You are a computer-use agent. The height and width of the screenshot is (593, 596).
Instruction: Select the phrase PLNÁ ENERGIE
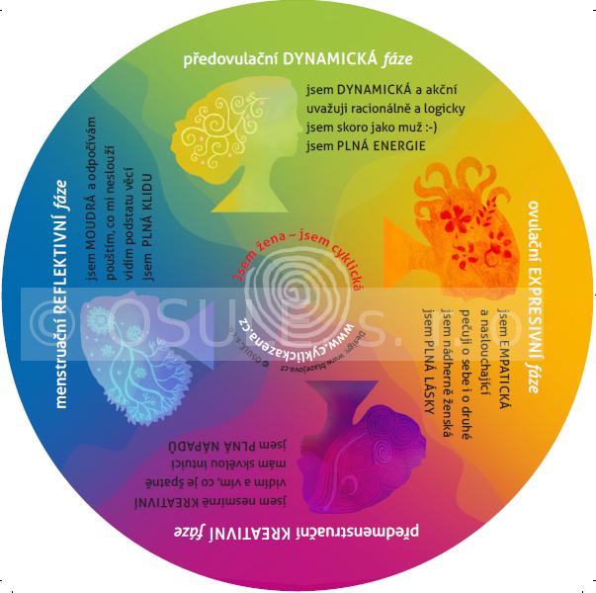click(x=380, y=146)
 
